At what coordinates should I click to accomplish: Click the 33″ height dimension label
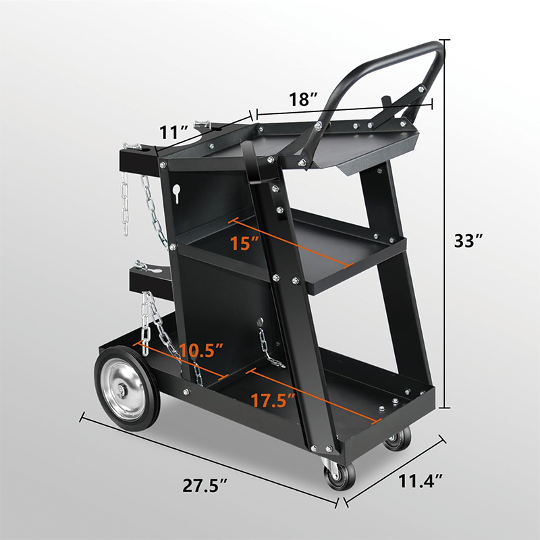(470, 241)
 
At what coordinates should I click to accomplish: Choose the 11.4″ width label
(419, 481)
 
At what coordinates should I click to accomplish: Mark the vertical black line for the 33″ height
(446, 223)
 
